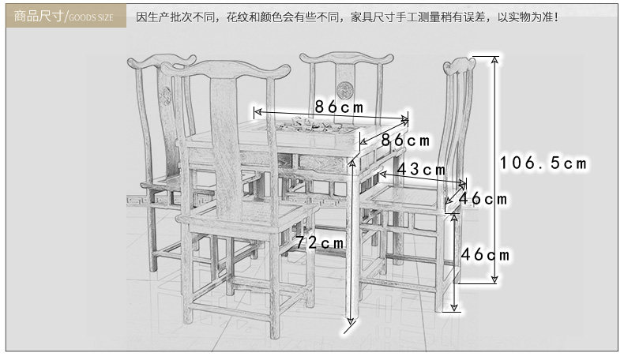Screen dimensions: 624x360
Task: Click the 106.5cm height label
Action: pyautogui.click(x=544, y=163)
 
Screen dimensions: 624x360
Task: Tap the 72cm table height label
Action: pyautogui.click(x=320, y=242)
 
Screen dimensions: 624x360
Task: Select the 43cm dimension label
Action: pyautogui.click(x=420, y=169)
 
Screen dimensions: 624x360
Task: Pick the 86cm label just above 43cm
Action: pyautogui.click(x=405, y=141)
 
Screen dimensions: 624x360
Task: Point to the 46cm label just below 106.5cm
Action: pyautogui.click(x=483, y=199)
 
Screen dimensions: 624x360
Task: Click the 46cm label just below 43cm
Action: pyautogui.click(x=485, y=255)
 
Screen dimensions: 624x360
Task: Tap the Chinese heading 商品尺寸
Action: pyautogui.click(x=37, y=15)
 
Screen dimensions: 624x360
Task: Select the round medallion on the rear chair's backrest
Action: pyautogui.click(x=345, y=92)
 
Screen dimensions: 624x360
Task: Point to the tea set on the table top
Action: pyautogui.click(x=312, y=125)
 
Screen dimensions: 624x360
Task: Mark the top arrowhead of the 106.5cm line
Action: pyautogui.click(x=494, y=60)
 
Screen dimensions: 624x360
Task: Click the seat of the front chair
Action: pyautogui.click(x=237, y=214)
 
